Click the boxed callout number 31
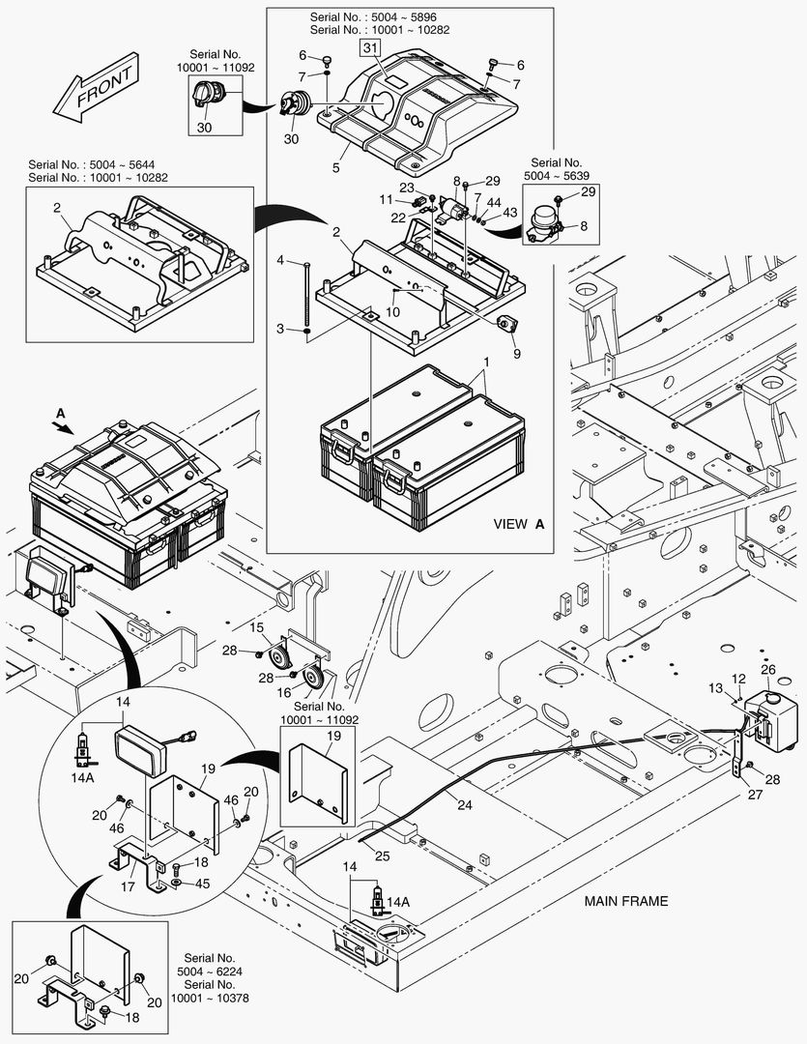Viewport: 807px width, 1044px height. click(x=370, y=47)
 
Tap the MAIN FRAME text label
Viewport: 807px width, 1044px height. click(x=625, y=901)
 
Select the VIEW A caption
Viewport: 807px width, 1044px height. click(x=519, y=524)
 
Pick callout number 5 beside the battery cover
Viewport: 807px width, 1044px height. click(x=335, y=168)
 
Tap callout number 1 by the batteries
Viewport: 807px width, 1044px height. click(x=486, y=362)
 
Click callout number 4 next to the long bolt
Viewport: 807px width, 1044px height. click(x=280, y=261)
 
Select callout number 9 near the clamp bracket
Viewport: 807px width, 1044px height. click(x=516, y=355)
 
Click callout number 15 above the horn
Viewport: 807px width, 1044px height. click(x=258, y=628)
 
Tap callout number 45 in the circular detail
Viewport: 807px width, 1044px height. click(x=204, y=883)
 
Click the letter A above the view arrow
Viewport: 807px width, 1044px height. click(x=61, y=412)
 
